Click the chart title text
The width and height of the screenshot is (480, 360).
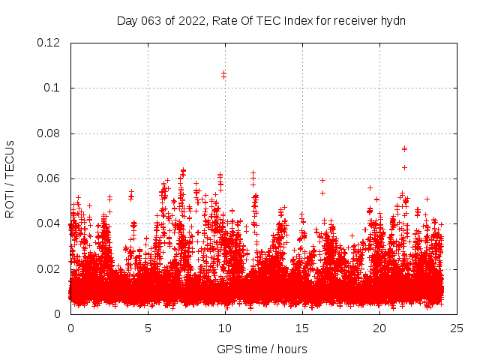[261, 20]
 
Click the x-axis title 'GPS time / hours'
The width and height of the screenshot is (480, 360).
[262, 349]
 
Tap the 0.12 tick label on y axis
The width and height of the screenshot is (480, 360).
[49, 43]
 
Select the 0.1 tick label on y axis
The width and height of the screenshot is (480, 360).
[54, 88]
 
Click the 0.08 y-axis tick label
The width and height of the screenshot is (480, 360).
[49, 133]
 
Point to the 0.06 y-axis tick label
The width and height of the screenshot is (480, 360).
[49, 178]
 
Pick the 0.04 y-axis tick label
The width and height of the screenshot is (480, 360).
[49, 223]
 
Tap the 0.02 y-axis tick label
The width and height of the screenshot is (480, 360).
[49, 268]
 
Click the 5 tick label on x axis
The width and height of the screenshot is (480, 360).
[148, 328]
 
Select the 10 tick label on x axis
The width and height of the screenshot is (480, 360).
[225, 328]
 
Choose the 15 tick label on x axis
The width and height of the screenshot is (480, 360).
[302, 328]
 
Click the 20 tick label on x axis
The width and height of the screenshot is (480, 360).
[379, 328]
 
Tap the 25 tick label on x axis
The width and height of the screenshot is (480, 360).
[457, 328]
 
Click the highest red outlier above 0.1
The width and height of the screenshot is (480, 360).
[223, 73]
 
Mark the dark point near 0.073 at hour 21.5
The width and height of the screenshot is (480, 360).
[404, 148]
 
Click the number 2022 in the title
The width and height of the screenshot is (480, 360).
[192, 20]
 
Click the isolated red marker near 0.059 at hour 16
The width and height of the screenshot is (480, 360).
[322, 180]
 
